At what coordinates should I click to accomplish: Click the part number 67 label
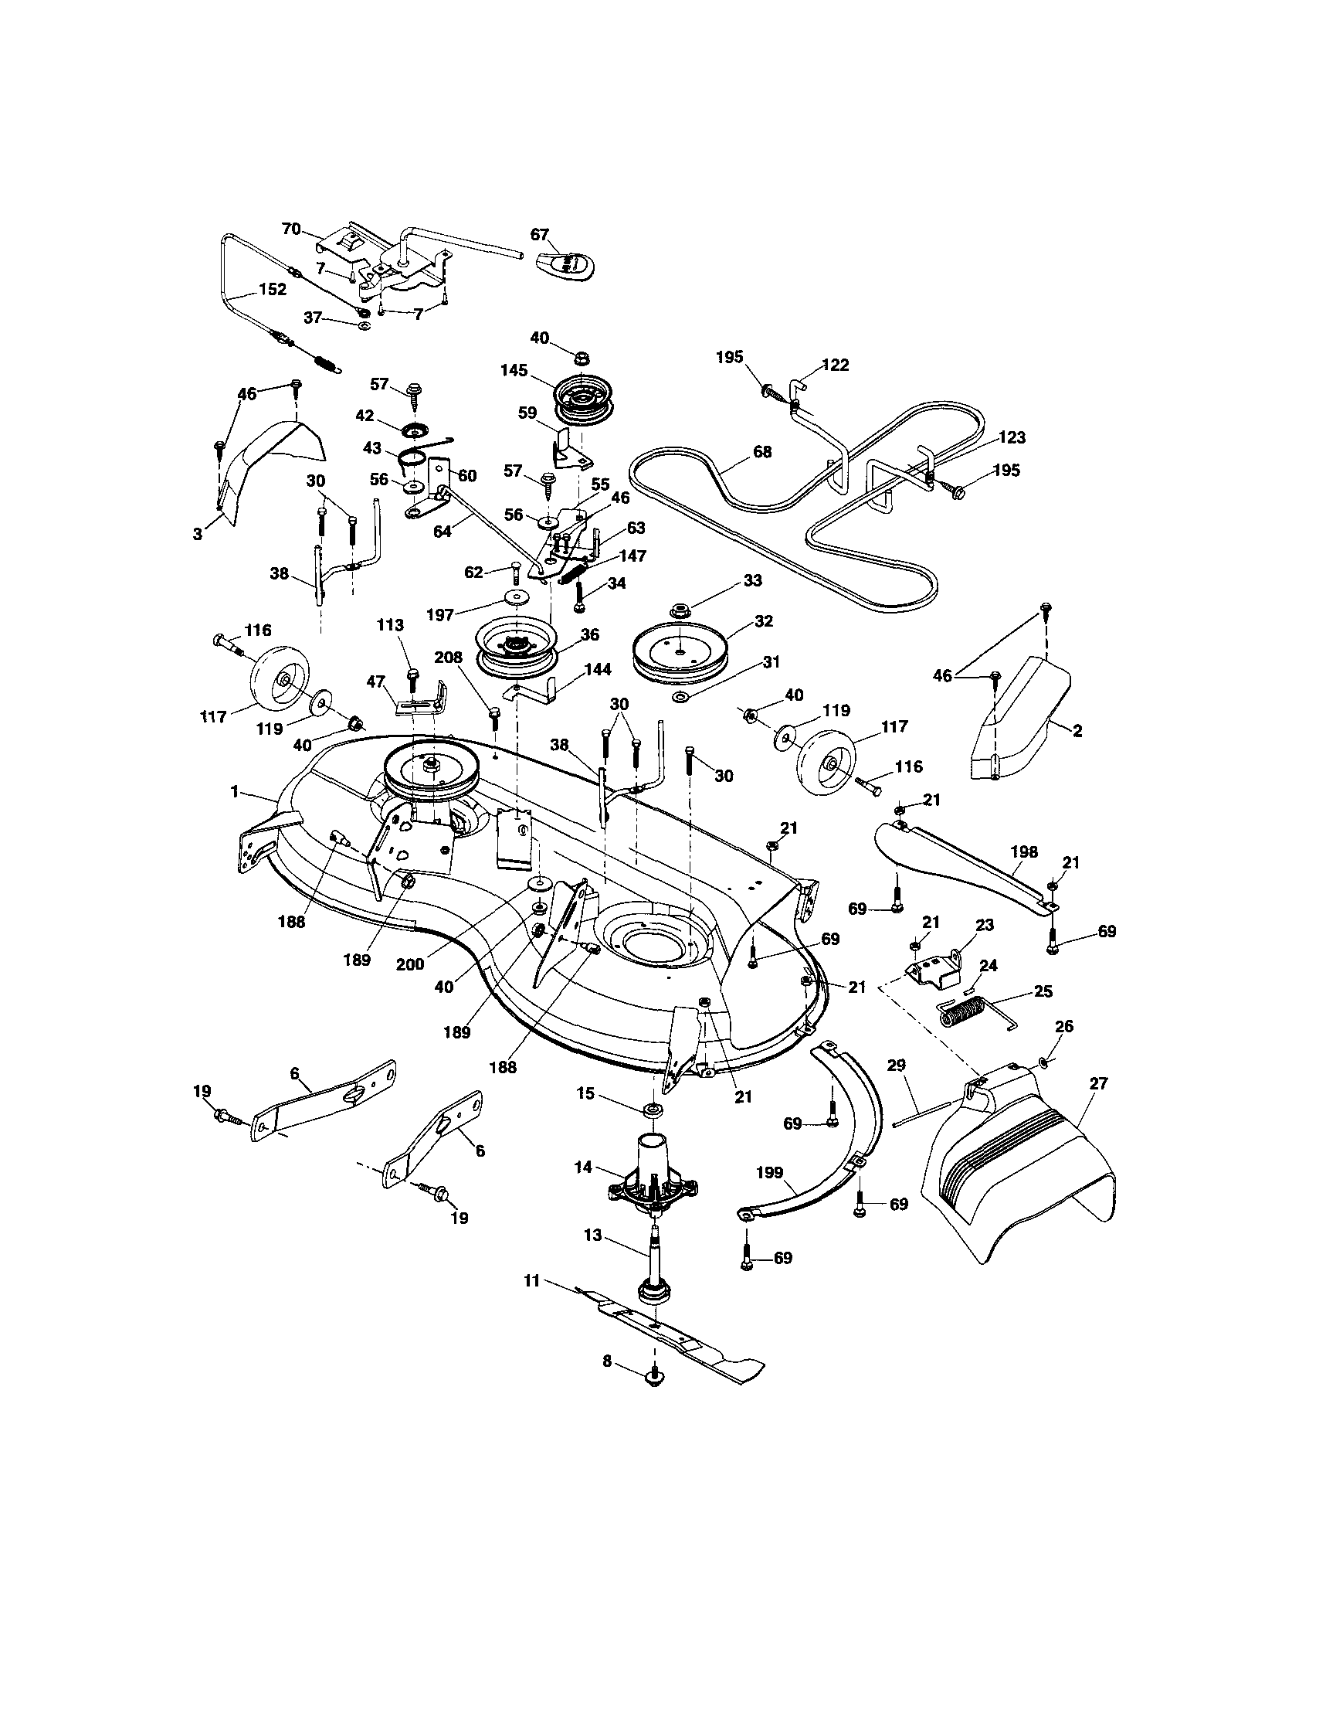540,235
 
